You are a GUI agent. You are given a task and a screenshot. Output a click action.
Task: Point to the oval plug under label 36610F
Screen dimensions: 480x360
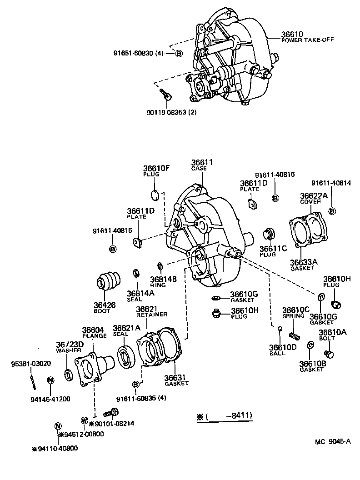[155, 196]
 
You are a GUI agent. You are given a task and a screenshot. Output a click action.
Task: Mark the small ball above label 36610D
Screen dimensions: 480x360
[280, 330]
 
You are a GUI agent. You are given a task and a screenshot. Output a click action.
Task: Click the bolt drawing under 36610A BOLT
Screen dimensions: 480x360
[329, 353]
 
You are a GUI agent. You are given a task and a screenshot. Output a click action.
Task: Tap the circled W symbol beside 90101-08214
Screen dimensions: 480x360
[84, 420]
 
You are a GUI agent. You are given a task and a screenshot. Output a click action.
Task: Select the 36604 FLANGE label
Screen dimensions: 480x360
[94, 332]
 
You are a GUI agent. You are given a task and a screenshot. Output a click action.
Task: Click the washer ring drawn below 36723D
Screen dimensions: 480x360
[69, 374]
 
